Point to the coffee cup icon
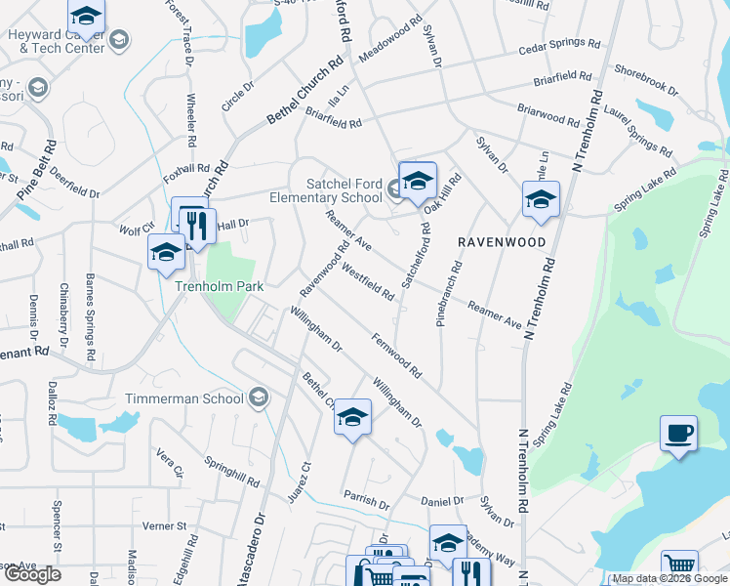click(x=678, y=433)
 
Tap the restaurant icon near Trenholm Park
click(x=199, y=227)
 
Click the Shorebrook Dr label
click(x=646, y=80)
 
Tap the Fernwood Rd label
click(x=396, y=356)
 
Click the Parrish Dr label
click(x=366, y=501)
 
